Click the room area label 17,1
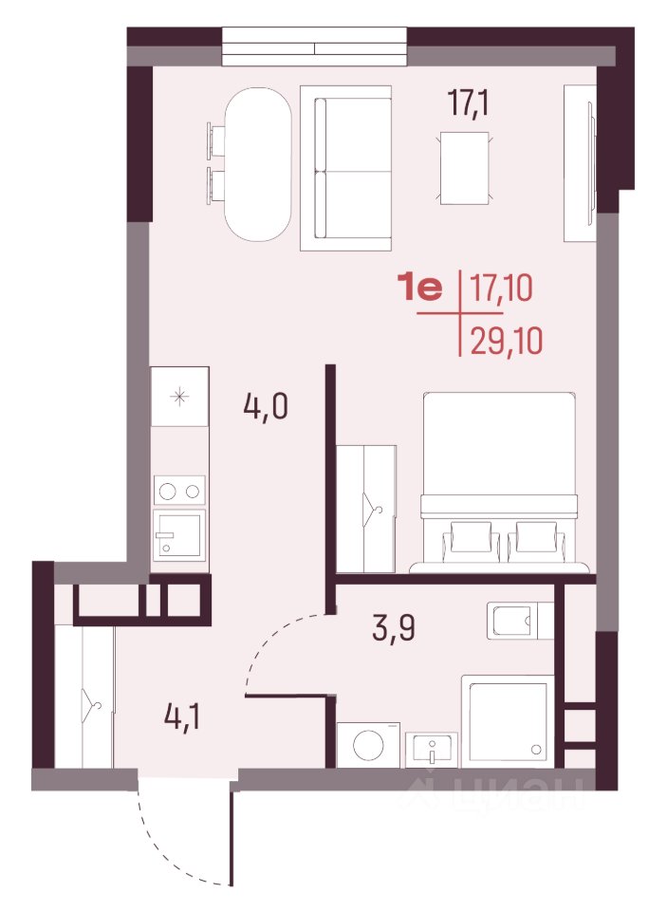[469, 104]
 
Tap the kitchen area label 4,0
[266, 406]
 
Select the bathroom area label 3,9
[394, 627]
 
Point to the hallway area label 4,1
[182, 717]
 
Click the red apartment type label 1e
[419, 288]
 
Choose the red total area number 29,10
[506, 341]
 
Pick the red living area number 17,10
[501, 288]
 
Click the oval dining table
[257, 164]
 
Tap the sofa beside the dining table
[345, 168]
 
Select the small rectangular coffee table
[464, 168]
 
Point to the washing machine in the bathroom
[368, 744]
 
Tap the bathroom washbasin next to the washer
[431, 749]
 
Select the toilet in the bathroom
[520, 621]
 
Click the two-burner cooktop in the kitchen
[179, 491]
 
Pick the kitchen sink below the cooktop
[179, 534]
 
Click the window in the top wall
[314, 46]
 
